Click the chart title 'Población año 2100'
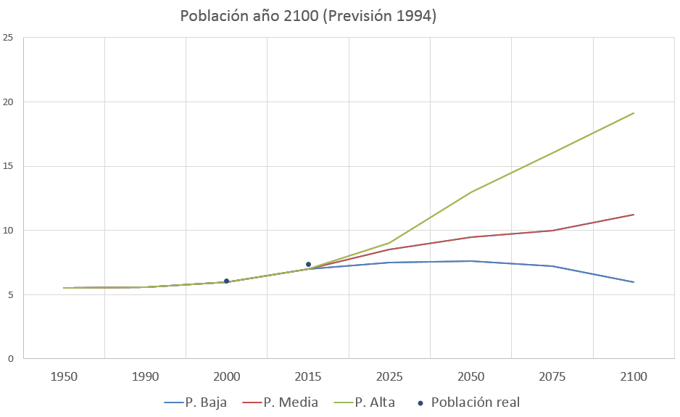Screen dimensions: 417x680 [x=308, y=16]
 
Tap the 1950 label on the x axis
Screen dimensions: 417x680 [x=65, y=377]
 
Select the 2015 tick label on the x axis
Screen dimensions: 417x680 [x=308, y=377]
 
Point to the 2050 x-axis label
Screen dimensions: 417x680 [x=471, y=377]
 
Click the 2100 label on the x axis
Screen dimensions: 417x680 [x=634, y=377]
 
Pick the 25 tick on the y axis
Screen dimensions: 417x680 [x=9, y=38]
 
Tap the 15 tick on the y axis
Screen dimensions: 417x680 [x=9, y=166]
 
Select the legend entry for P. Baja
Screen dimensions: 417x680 [x=196, y=402]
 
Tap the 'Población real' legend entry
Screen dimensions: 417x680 [x=468, y=402]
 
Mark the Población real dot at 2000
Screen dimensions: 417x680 [x=227, y=281]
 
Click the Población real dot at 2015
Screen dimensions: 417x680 [x=308, y=265]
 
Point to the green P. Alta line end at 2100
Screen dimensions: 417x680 [x=634, y=113]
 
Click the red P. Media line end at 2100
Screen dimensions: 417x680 [x=634, y=215]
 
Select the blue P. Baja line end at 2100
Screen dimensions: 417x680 [x=634, y=282]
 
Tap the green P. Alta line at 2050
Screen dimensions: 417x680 [x=471, y=192]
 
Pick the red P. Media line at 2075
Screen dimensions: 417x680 [x=552, y=231]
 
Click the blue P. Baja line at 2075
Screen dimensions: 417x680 [x=552, y=266]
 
